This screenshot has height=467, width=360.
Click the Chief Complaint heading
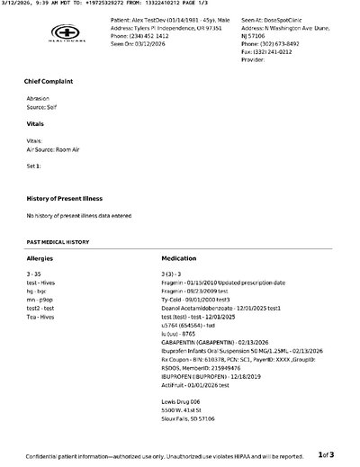point(49,81)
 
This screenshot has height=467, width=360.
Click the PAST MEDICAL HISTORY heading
point(58,242)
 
